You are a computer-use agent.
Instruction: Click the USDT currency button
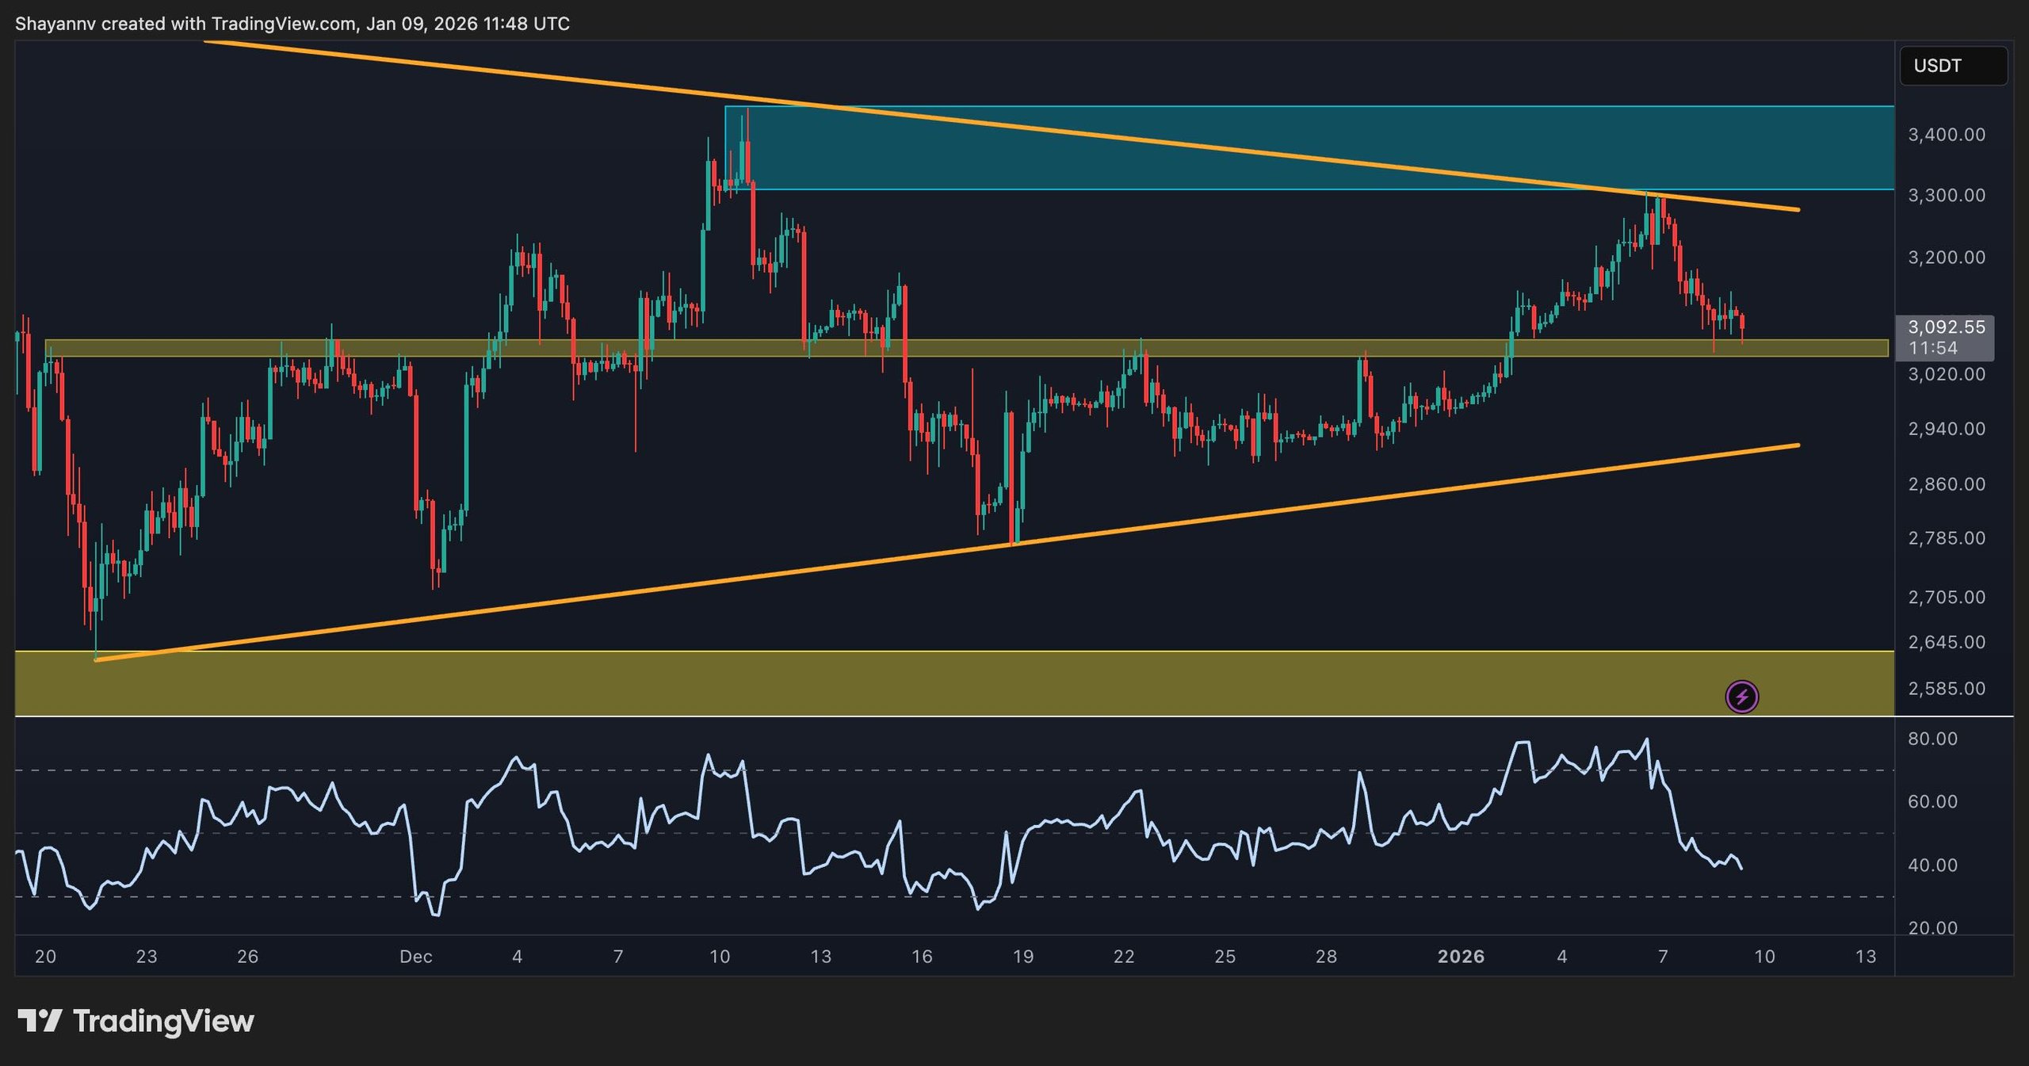click(x=1953, y=66)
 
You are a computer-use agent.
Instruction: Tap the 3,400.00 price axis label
click(x=1947, y=135)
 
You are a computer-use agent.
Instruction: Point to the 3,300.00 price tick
click(x=1947, y=195)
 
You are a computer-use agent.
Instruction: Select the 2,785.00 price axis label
click(x=1947, y=538)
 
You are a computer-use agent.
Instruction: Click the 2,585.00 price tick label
click(x=1947, y=689)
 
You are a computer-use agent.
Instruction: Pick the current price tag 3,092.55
click(x=1946, y=327)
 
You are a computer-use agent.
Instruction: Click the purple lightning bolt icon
click(x=1741, y=697)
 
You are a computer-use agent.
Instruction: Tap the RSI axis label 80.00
click(x=1932, y=739)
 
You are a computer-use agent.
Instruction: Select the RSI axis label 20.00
click(x=1932, y=928)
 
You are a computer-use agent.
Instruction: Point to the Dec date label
click(x=415, y=957)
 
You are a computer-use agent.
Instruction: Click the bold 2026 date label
click(x=1461, y=957)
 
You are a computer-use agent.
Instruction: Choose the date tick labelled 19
click(x=1022, y=957)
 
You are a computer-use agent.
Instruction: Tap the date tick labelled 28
click(x=1326, y=957)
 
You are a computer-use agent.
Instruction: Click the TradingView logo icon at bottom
click(x=40, y=1021)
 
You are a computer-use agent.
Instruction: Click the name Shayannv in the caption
click(x=55, y=24)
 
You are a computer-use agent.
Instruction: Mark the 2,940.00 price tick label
click(x=1947, y=429)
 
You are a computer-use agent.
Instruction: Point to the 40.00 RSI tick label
click(x=1932, y=865)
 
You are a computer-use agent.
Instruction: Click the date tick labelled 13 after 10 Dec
click(x=820, y=957)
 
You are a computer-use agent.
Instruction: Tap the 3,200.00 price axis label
click(x=1947, y=258)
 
